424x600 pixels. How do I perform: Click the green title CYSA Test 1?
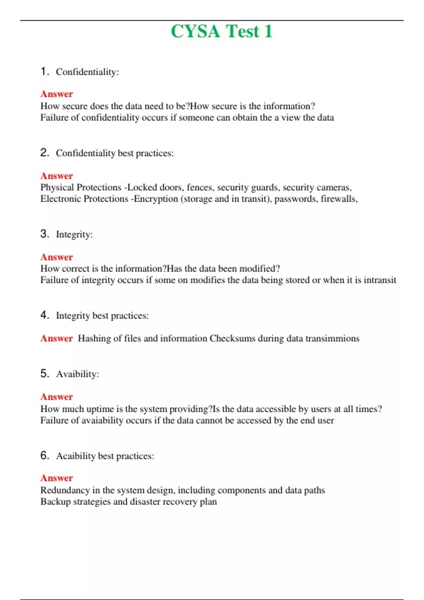click(222, 31)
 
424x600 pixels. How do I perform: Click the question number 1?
click(44, 71)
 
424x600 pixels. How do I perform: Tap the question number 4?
click(44, 315)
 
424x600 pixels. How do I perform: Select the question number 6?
click(44, 455)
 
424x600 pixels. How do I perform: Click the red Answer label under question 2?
click(57, 176)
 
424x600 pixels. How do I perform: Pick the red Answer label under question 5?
click(57, 397)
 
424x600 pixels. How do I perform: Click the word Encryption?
click(156, 199)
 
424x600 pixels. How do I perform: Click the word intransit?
click(380, 280)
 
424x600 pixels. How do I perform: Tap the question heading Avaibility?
click(77, 374)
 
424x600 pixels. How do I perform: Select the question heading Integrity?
click(74, 234)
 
